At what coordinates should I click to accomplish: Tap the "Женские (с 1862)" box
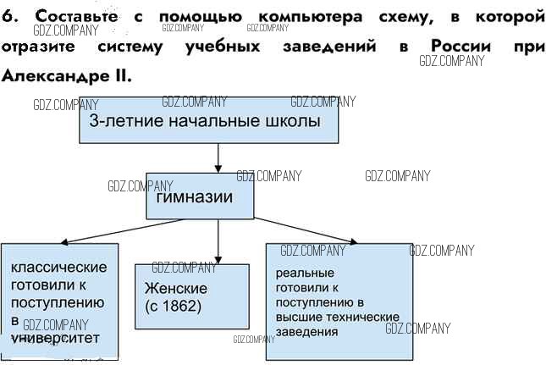tap(192, 296)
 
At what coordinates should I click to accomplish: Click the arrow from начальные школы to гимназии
tap(218, 158)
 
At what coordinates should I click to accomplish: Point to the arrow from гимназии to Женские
tap(218, 241)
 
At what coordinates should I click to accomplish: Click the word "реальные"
tap(306, 274)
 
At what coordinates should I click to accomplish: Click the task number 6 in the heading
tap(8, 17)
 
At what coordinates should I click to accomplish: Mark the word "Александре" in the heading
tap(54, 75)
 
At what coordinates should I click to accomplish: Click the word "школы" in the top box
tap(296, 121)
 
